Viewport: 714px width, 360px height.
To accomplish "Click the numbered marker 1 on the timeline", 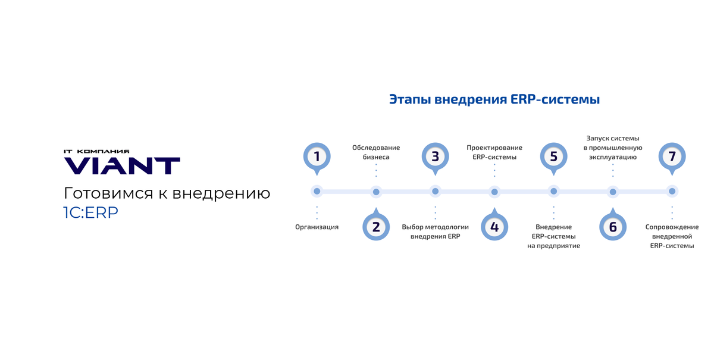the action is click(317, 156).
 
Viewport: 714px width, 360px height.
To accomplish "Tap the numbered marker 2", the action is click(375, 227).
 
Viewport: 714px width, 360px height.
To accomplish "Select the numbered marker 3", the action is click(435, 156).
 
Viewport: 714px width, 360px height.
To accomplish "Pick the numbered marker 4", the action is click(494, 227).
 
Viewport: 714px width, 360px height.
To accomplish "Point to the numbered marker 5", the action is click(553, 156).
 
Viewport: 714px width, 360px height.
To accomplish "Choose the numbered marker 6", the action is click(612, 227).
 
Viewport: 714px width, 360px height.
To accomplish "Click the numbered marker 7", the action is click(672, 156).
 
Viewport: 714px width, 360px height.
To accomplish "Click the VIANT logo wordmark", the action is click(121, 166).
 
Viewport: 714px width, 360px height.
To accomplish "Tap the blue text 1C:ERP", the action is click(90, 213).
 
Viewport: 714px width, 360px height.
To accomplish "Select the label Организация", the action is click(317, 227).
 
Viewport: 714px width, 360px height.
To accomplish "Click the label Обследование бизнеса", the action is click(376, 152).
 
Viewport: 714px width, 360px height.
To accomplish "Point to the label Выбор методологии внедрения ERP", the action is click(435, 231).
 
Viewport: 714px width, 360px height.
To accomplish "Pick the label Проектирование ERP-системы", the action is click(494, 152).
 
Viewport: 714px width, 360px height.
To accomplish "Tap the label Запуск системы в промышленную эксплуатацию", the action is click(613, 148).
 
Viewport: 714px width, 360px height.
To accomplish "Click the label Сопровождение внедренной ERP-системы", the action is click(672, 236).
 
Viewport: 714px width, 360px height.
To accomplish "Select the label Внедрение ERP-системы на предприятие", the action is click(553, 236).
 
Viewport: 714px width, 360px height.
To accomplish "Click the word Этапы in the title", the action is click(410, 99).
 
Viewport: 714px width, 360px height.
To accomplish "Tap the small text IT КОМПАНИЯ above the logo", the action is click(96, 152).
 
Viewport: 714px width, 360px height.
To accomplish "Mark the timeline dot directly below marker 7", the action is click(672, 192).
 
